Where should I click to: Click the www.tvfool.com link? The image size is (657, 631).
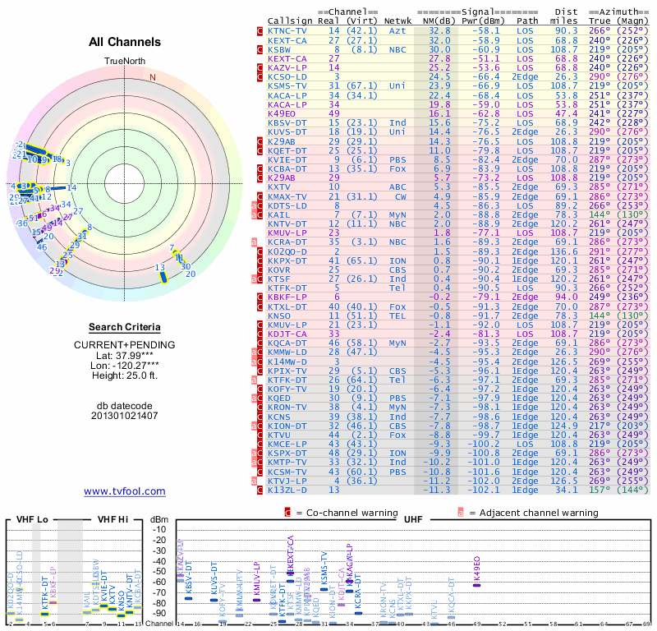[125, 491]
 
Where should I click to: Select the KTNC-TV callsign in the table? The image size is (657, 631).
[287, 30]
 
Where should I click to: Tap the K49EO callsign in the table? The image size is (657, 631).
[283, 113]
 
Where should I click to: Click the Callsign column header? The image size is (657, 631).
[290, 21]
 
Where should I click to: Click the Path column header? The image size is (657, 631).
[528, 21]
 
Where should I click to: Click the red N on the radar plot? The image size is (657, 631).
[152, 78]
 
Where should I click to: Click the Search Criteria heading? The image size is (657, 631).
[125, 327]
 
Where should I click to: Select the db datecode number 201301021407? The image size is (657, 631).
[125, 415]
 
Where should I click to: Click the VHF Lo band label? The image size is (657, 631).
[30, 519]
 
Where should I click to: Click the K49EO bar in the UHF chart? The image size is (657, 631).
[477, 583]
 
